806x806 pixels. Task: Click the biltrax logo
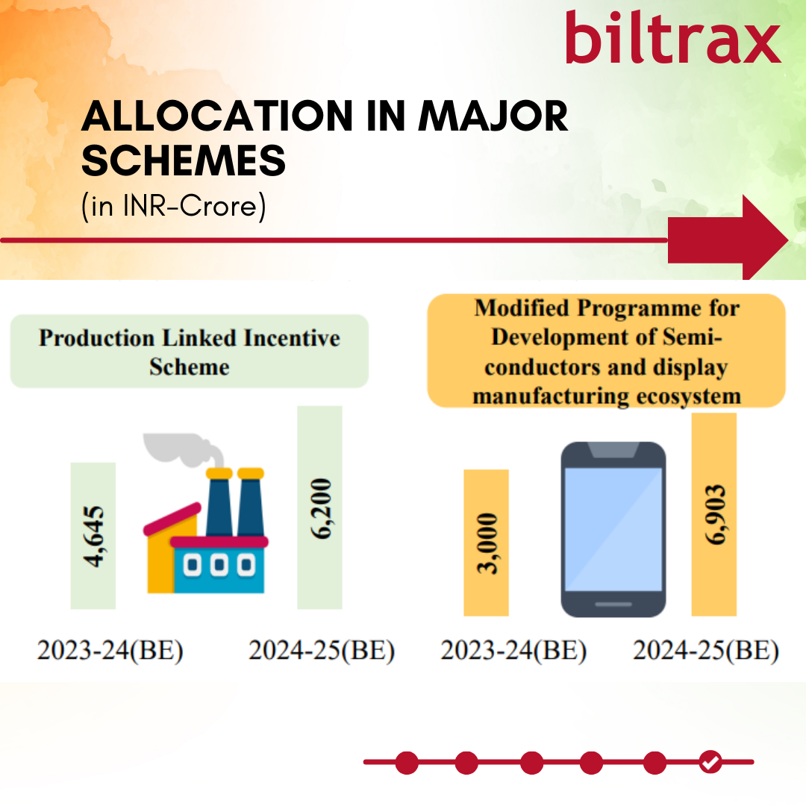click(673, 37)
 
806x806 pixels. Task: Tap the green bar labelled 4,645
click(93, 536)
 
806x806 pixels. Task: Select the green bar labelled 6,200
click(319, 507)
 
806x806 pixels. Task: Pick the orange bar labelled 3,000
click(487, 543)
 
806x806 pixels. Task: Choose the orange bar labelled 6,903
click(714, 514)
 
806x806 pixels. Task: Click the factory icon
click(206, 513)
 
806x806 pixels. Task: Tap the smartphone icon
click(613, 529)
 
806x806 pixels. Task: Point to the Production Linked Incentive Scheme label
click(190, 352)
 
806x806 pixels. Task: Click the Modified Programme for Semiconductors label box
click(607, 351)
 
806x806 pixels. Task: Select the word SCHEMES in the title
click(184, 160)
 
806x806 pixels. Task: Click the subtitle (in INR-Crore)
click(174, 206)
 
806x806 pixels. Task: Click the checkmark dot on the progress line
click(710, 762)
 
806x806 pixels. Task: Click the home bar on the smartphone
click(613, 604)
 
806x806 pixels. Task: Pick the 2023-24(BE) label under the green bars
click(110, 650)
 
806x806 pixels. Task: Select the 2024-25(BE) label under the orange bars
click(706, 650)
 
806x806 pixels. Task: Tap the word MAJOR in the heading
click(493, 116)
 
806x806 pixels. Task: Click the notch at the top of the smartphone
click(613, 450)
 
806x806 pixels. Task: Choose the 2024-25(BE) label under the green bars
click(322, 650)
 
